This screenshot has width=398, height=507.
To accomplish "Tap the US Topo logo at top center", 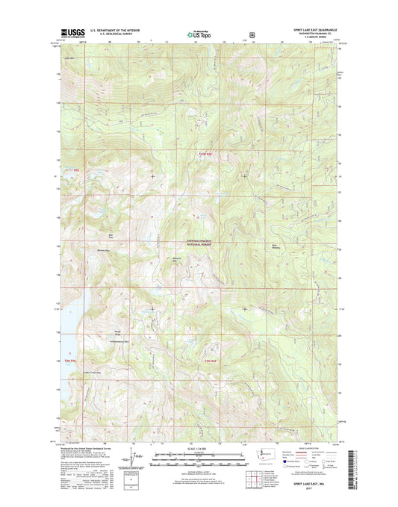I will (x=199, y=34).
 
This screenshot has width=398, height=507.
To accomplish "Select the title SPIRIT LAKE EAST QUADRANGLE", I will (x=313, y=31).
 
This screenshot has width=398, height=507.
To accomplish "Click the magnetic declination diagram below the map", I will (x=134, y=455).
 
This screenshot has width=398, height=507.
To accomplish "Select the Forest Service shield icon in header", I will (x=252, y=34).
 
